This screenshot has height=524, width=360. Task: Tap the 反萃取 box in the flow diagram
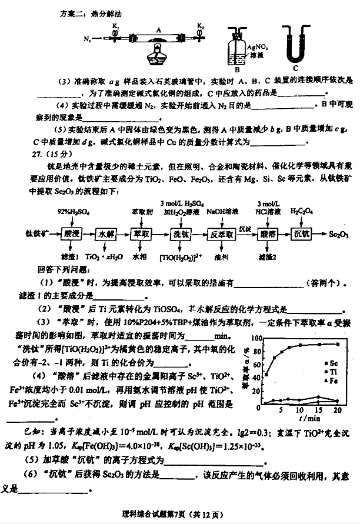pos(221,234)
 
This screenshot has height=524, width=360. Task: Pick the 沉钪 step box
pos(301,233)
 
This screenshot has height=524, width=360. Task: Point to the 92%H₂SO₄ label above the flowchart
pos(70,210)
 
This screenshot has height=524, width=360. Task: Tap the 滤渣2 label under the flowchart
pos(268,257)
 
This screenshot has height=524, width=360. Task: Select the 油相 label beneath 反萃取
pos(221,257)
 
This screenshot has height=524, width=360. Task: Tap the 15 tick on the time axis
pos(318,409)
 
